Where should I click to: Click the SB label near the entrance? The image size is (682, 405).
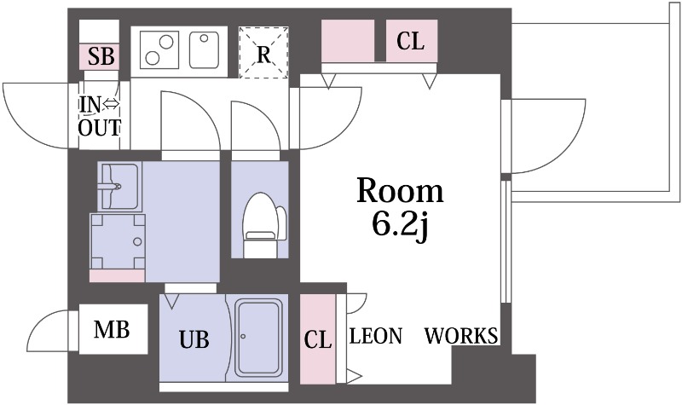click(x=101, y=56)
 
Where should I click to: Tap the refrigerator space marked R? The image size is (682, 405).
click(x=263, y=53)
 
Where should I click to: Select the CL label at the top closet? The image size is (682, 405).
click(x=410, y=41)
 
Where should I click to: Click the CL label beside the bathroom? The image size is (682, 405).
click(x=317, y=339)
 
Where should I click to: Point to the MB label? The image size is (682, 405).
click(x=112, y=330)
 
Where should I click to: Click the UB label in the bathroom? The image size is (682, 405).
click(x=194, y=339)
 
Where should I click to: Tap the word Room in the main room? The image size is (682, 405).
click(x=400, y=190)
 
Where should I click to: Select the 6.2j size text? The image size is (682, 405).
click(x=400, y=224)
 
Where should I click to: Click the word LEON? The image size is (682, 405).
click(x=376, y=336)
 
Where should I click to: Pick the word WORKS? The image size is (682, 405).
click(x=461, y=336)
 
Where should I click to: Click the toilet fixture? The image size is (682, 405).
click(x=263, y=225)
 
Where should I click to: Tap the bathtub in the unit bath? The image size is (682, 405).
click(x=257, y=338)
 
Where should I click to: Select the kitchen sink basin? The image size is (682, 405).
click(x=204, y=49)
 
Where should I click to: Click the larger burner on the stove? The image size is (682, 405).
click(x=166, y=42)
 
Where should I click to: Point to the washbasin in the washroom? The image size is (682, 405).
click(x=118, y=187)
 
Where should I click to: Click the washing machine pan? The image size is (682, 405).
click(x=118, y=241)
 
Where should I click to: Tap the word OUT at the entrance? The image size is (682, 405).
click(x=99, y=128)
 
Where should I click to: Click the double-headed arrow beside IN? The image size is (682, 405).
click(x=112, y=104)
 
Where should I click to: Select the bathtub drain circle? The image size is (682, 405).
click(x=243, y=336)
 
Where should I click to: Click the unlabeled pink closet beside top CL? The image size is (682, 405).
click(x=348, y=40)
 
